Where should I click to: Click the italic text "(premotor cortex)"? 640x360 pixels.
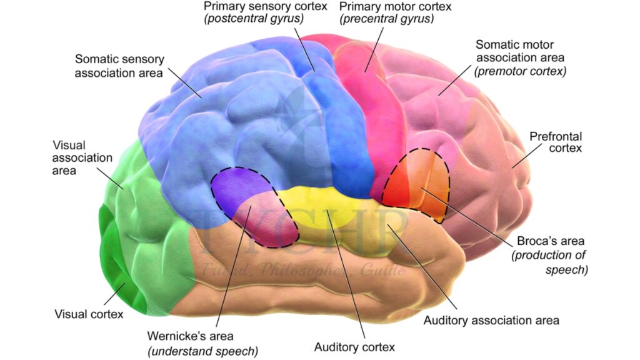tap(520, 71)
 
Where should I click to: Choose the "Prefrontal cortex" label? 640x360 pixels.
tap(555, 142)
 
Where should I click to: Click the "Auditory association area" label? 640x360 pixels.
tap(491, 321)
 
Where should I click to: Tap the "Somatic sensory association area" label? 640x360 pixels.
tap(119, 66)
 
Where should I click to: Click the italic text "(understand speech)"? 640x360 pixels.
tap(202, 351)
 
